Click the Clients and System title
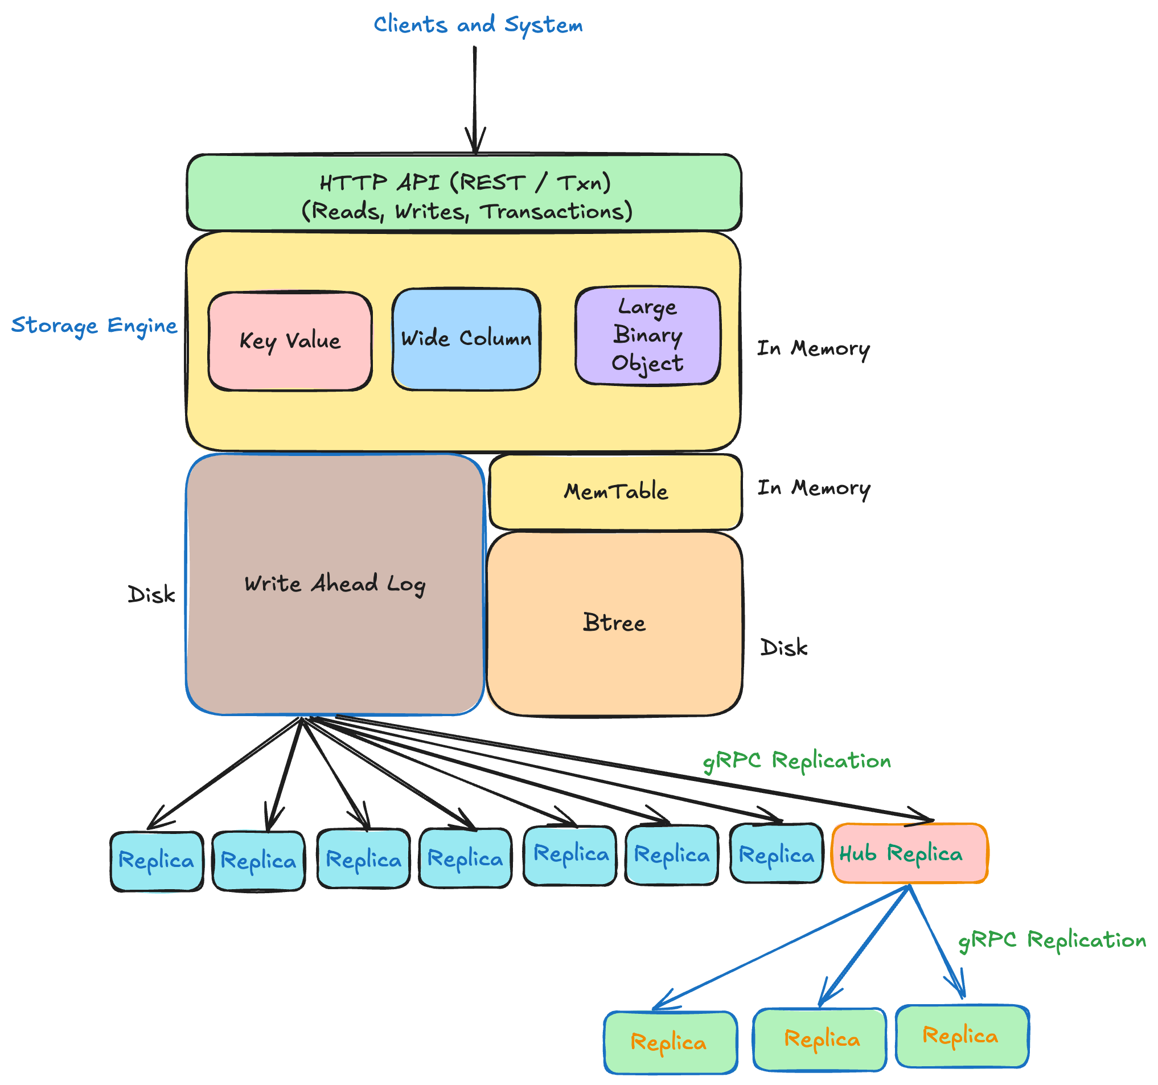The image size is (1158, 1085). coord(478,25)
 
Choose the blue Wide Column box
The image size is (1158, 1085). coord(466,339)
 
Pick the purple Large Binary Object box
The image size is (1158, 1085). coord(647,335)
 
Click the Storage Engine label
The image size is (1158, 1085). coord(94,326)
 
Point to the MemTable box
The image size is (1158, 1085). coord(615,491)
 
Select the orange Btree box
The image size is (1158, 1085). coord(614,623)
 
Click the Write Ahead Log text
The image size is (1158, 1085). coord(334,584)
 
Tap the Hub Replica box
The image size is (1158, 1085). coord(909,854)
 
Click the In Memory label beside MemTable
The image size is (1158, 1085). coord(814,488)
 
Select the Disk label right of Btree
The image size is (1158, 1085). coord(784,648)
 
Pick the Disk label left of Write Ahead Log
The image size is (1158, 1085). coord(151,595)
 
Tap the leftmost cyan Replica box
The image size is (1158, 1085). coord(157,861)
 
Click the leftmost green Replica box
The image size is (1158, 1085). coord(670,1042)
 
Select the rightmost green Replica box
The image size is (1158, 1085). coord(962,1036)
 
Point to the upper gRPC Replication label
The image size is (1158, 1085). coord(796,761)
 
